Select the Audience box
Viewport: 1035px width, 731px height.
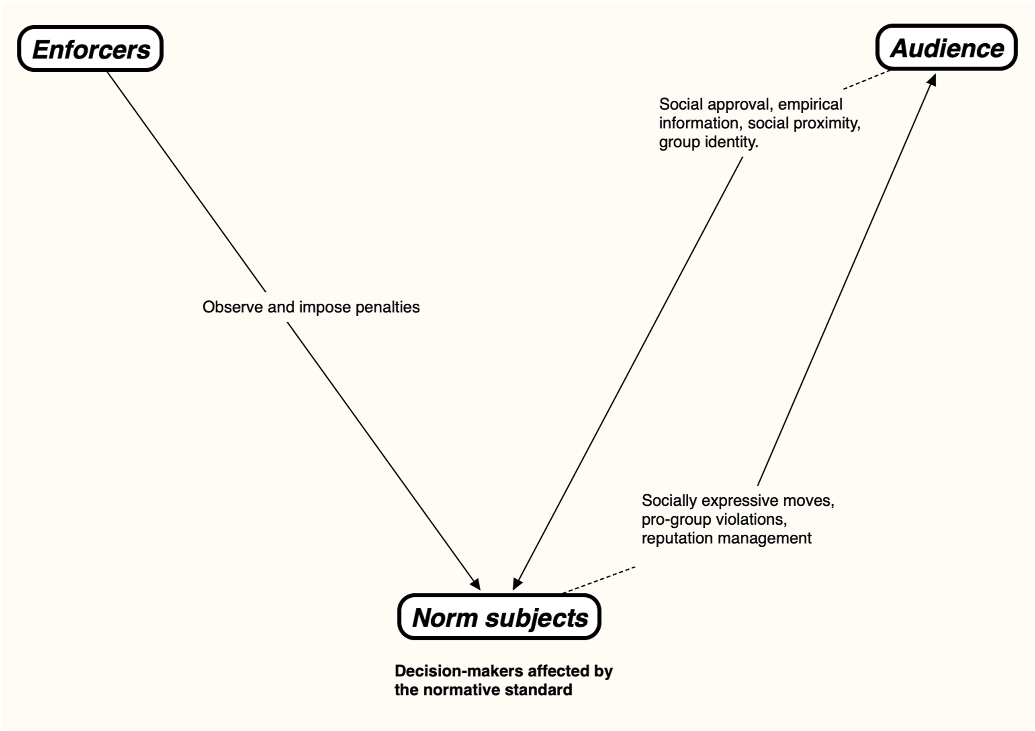[x=947, y=47]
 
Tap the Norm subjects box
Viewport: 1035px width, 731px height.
[x=499, y=616]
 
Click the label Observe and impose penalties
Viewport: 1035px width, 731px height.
[x=311, y=308]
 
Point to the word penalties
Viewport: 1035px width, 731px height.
[x=388, y=308]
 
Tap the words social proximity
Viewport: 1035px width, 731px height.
[x=804, y=123]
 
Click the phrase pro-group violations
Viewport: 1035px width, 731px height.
[x=714, y=519]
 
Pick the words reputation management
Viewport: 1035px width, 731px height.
[x=726, y=539]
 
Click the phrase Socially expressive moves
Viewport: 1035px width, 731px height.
[x=737, y=501]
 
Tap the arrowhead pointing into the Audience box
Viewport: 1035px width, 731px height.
[x=932, y=80]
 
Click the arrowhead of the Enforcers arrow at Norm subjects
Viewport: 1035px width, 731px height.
[x=476, y=584]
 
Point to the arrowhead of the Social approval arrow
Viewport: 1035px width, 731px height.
[x=517, y=584]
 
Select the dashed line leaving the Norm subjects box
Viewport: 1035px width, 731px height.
[x=599, y=580]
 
